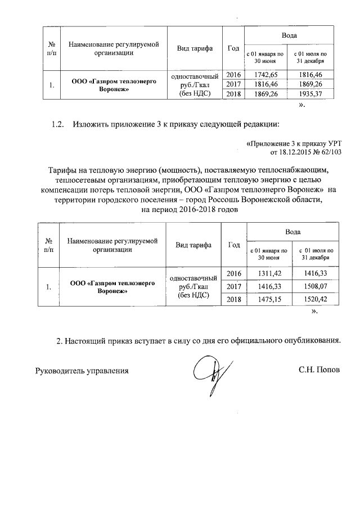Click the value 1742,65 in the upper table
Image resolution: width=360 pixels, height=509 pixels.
(x=264, y=74)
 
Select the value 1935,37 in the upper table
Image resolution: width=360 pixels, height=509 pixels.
(x=310, y=94)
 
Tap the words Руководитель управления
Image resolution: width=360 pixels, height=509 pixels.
(x=82, y=371)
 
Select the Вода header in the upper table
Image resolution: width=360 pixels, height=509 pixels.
(x=289, y=36)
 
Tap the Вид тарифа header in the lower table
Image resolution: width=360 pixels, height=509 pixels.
(x=193, y=245)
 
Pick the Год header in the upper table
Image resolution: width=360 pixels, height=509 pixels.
(x=233, y=47)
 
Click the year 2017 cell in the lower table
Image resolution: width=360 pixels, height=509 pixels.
(x=233, y=287)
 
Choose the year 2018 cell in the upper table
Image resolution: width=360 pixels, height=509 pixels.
(x=233, y=94)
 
